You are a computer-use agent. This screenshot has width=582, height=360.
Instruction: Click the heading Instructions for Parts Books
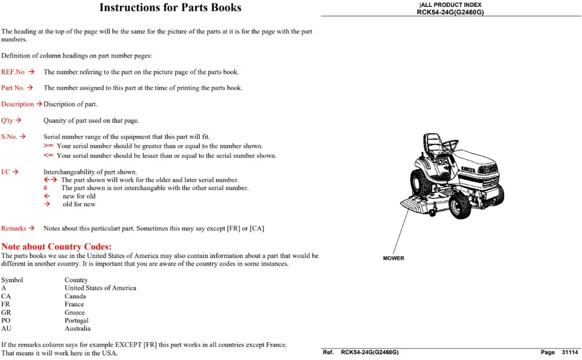[171, 7]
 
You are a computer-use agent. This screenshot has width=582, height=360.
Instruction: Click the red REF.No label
[13, 72]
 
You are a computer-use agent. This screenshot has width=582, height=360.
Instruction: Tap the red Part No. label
[13, 88]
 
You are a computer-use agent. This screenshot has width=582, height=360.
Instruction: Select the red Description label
[17, 104]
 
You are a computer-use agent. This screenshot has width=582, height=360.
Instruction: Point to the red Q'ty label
[7, 120]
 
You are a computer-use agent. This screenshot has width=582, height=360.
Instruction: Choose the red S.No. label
[9, 137]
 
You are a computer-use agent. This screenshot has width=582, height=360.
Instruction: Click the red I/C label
[6, 172]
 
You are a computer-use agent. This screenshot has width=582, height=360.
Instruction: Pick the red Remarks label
[14, 228]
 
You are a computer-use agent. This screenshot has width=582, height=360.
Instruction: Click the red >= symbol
[48, 146]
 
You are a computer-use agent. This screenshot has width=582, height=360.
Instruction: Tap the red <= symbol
[48, 156]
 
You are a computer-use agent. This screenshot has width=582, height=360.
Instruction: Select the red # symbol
[46, 188]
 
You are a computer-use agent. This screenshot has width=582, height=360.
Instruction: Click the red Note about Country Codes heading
[56, 247]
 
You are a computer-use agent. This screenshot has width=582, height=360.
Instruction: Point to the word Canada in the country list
[75, 296]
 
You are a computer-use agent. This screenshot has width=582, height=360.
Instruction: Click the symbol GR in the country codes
[6, 313]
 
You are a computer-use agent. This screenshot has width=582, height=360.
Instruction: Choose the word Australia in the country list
[78, 328]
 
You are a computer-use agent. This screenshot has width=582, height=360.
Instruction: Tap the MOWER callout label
[394, 258]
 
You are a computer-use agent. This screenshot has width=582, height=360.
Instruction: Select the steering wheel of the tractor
[450, 145]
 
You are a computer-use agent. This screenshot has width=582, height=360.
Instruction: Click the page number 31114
[570, 352]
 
